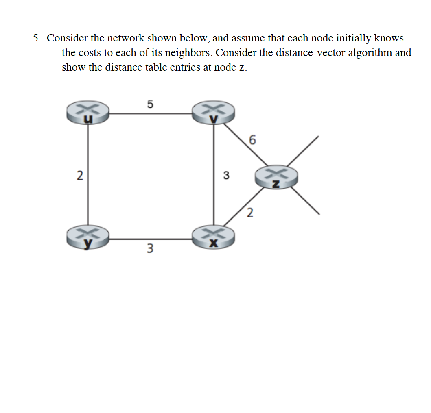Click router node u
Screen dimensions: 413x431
coord(88,113)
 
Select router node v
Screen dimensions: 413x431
coord(214,113)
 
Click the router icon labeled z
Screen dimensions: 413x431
coord(276,178)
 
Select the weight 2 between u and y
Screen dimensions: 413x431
coord(80,176)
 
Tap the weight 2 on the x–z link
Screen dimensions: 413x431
coord(250,213)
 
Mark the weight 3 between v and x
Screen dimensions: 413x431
coord(226,176)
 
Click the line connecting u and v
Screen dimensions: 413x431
coord(151,113)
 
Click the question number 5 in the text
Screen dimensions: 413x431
coord(36,38)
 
